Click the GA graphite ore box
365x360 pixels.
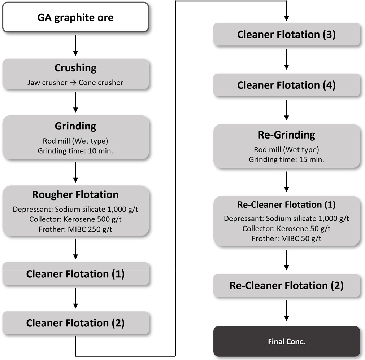point(75,17)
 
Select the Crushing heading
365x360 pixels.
point(75,68)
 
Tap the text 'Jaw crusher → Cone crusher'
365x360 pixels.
point(75,82)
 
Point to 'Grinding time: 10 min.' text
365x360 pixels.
point(75,150)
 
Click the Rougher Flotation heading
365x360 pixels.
point(75,195)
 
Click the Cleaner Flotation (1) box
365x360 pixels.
point(75,274)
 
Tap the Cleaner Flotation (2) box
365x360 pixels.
point(75,323)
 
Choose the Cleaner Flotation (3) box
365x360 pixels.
point(286,35)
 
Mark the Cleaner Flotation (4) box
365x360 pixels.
point(286,85)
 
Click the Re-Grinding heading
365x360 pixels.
point(286,135)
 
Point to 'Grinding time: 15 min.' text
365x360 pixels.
point(286,159)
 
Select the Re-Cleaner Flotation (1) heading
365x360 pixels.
point(286,205)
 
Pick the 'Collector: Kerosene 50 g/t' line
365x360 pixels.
point(286,228)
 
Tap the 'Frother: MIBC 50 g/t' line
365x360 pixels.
point(286,238)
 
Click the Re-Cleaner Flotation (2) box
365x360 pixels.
point(286,285)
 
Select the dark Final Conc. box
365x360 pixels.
point(286,341)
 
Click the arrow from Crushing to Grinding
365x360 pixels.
point(75,102)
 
